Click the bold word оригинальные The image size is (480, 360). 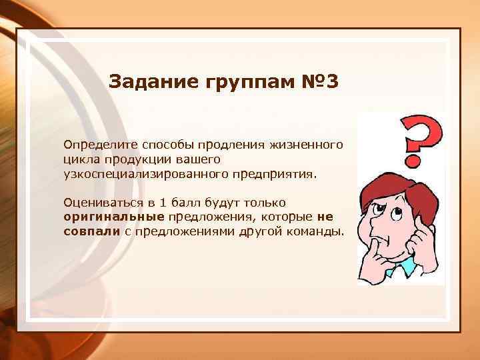(x=113, y=217)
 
